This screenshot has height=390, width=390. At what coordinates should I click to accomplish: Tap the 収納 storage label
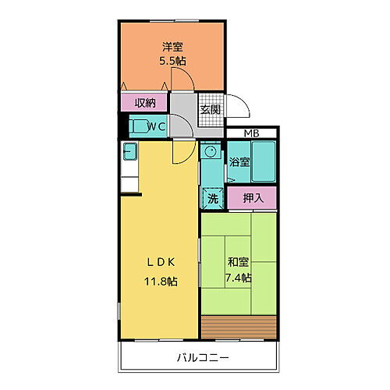pos(145,102)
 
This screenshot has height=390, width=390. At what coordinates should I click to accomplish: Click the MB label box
pos(251,133)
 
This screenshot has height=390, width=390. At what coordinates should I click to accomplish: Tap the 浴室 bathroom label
pos(239,163)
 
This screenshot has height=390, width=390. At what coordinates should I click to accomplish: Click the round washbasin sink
pos(209,151)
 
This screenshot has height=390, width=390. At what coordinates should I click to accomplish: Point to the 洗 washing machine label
pos(213,198)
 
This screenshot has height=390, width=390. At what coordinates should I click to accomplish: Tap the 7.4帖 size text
pos(239,278)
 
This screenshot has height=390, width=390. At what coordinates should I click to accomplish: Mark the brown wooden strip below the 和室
pos(239,326)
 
